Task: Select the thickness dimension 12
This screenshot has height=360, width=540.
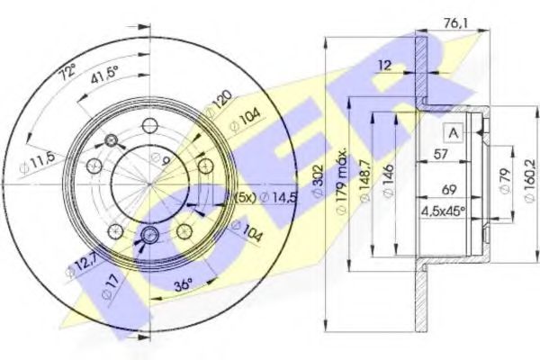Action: tap(385, 66)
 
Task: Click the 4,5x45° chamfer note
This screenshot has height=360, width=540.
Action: tap(442, 213)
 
